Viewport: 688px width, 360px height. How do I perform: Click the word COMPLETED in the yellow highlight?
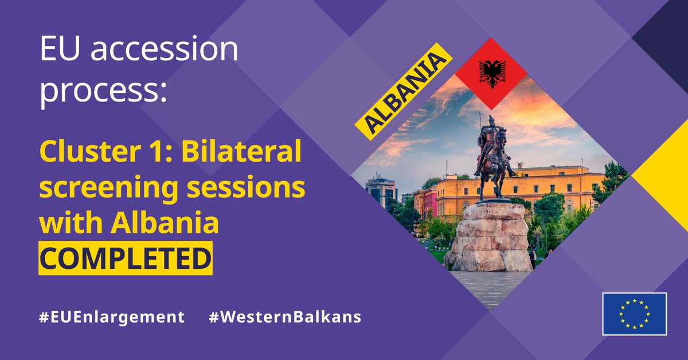click(x=125, y=259)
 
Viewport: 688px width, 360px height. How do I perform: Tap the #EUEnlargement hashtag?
click(x=112, y=317)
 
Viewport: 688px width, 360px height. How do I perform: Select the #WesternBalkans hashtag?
click(x=285, y=317)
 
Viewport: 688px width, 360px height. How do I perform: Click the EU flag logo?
click(x=634, y=314)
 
